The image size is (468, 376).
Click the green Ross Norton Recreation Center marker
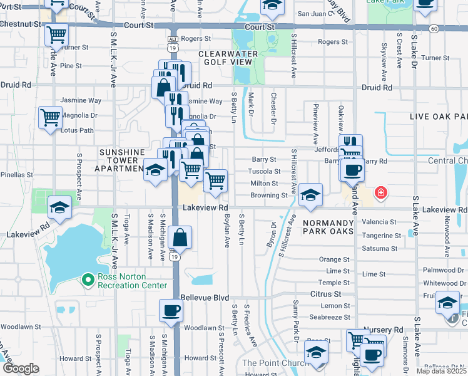pos(88,279)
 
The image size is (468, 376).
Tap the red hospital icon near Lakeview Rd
pos(380,193)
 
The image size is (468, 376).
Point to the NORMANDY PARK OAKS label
pos(328,227)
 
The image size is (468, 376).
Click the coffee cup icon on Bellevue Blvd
pos(170,310)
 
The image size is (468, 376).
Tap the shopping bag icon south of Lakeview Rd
pos(180,238)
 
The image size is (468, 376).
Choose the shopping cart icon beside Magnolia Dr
pos(50,117)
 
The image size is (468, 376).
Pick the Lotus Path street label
pos(78,130)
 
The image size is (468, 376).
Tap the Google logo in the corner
pos(21,368)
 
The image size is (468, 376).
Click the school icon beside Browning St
pos(310,194)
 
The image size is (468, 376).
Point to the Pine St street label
pos(71,65)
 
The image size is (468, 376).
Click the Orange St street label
pos(330,259)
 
